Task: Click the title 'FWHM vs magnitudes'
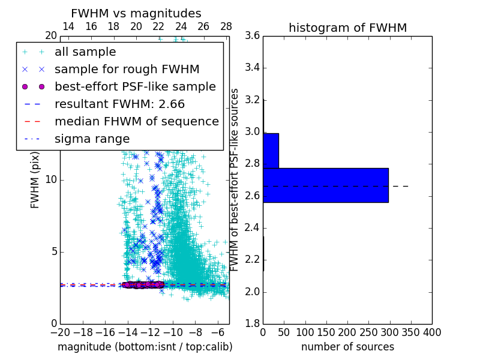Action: pyautogui.click(x=136, y=14)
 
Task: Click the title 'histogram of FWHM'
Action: pyautogui.click(x=347, y=28)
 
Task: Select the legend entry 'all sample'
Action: pyautogui.click(x=85, y=52)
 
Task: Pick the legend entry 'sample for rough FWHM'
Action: pyautogui.click(x=127, y=70)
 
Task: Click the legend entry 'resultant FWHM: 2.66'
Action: pyautogui.click(x=119, y=104)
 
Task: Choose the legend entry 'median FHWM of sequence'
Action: pyautogui.click(x=136, y=122)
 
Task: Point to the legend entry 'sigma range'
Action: pyautogui.click(x=92, y=139)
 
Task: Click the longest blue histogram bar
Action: pyautogui.click(x=325, y=185)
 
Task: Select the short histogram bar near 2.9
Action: pyautogui.click(x=271, y=151)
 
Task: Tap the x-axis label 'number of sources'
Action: pyautogui.click(x=347, y=347)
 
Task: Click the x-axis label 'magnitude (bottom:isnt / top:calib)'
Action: pyautogui.click(x=145, y=347)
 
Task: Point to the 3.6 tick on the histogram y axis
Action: pyautogui.click(x=253, y=35)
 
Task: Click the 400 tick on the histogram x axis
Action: pyautogui.click(x=432, y=332)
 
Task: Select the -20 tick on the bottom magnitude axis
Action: pyautogui.click(x=60, y=332)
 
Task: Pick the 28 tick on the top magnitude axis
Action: pyautogui.click(x=226, y=26)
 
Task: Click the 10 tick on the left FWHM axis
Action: pyautogui.click(x=51, y=179)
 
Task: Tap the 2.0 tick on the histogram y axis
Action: pyautogui.click(x=253, y=292)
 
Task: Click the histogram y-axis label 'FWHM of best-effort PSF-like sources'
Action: pyautogui.click(x=235, y=179)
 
